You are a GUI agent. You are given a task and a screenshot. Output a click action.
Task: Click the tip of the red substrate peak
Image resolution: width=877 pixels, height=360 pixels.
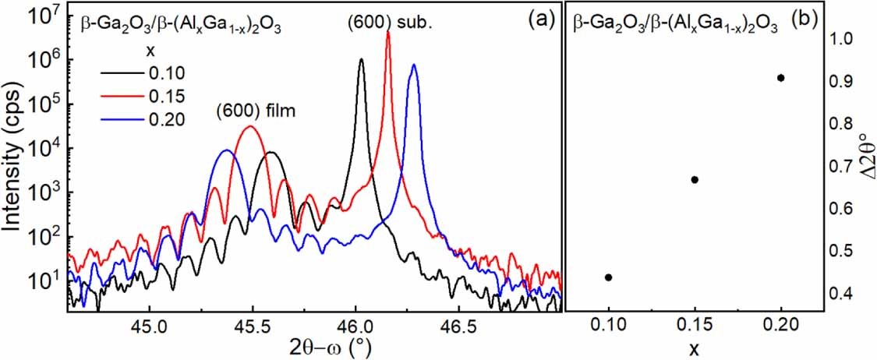388,32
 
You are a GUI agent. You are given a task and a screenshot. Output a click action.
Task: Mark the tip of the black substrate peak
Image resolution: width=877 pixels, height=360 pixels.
361,59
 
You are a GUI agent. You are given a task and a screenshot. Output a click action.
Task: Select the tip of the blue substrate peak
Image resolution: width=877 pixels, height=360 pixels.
414,65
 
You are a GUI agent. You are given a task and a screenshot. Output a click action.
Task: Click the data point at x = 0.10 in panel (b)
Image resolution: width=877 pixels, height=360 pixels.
608,277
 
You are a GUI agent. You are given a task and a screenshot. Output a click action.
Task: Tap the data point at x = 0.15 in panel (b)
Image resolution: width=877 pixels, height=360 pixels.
695,180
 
